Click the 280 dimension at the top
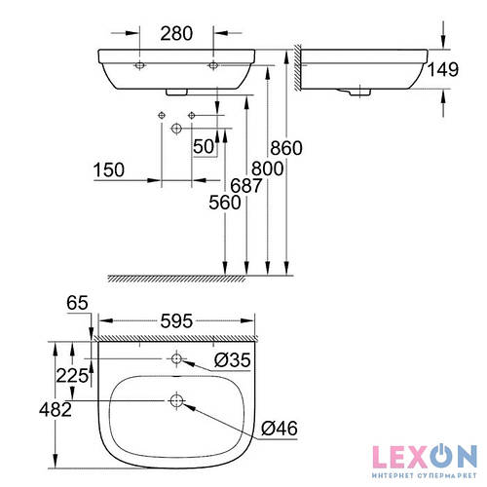coord(175,32)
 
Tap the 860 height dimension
coord(287,148)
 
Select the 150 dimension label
coord(110,169)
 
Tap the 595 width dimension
coord(176,319)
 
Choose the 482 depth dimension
coord(56,410)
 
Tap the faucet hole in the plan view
coord(176,359)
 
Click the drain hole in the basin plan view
coord(176,399)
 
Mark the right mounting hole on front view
coord(212,65)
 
